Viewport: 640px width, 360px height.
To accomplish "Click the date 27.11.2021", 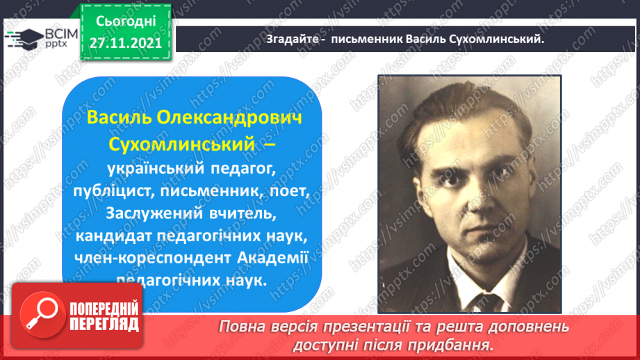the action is tap(126, 43).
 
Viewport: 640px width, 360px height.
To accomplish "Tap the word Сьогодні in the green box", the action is tap(126, 22).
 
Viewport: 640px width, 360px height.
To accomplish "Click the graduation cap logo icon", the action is tap(24, 39).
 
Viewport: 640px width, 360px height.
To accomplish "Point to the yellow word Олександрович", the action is tap(229, 117).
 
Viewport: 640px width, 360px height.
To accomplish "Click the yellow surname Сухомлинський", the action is tap(181, 145).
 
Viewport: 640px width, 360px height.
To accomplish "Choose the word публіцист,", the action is tap(114, 191).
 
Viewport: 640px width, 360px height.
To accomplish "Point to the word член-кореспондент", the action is tap(153, 258).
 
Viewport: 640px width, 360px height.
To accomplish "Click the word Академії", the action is tap(272, 258).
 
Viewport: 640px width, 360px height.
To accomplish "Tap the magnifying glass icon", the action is tap(42, 314).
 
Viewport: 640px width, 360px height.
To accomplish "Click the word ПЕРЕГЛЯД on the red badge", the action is tap(104, 325).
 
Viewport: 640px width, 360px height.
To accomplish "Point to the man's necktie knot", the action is tap(485, 303).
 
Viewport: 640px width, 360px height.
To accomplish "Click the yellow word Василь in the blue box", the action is tap(120, 117).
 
